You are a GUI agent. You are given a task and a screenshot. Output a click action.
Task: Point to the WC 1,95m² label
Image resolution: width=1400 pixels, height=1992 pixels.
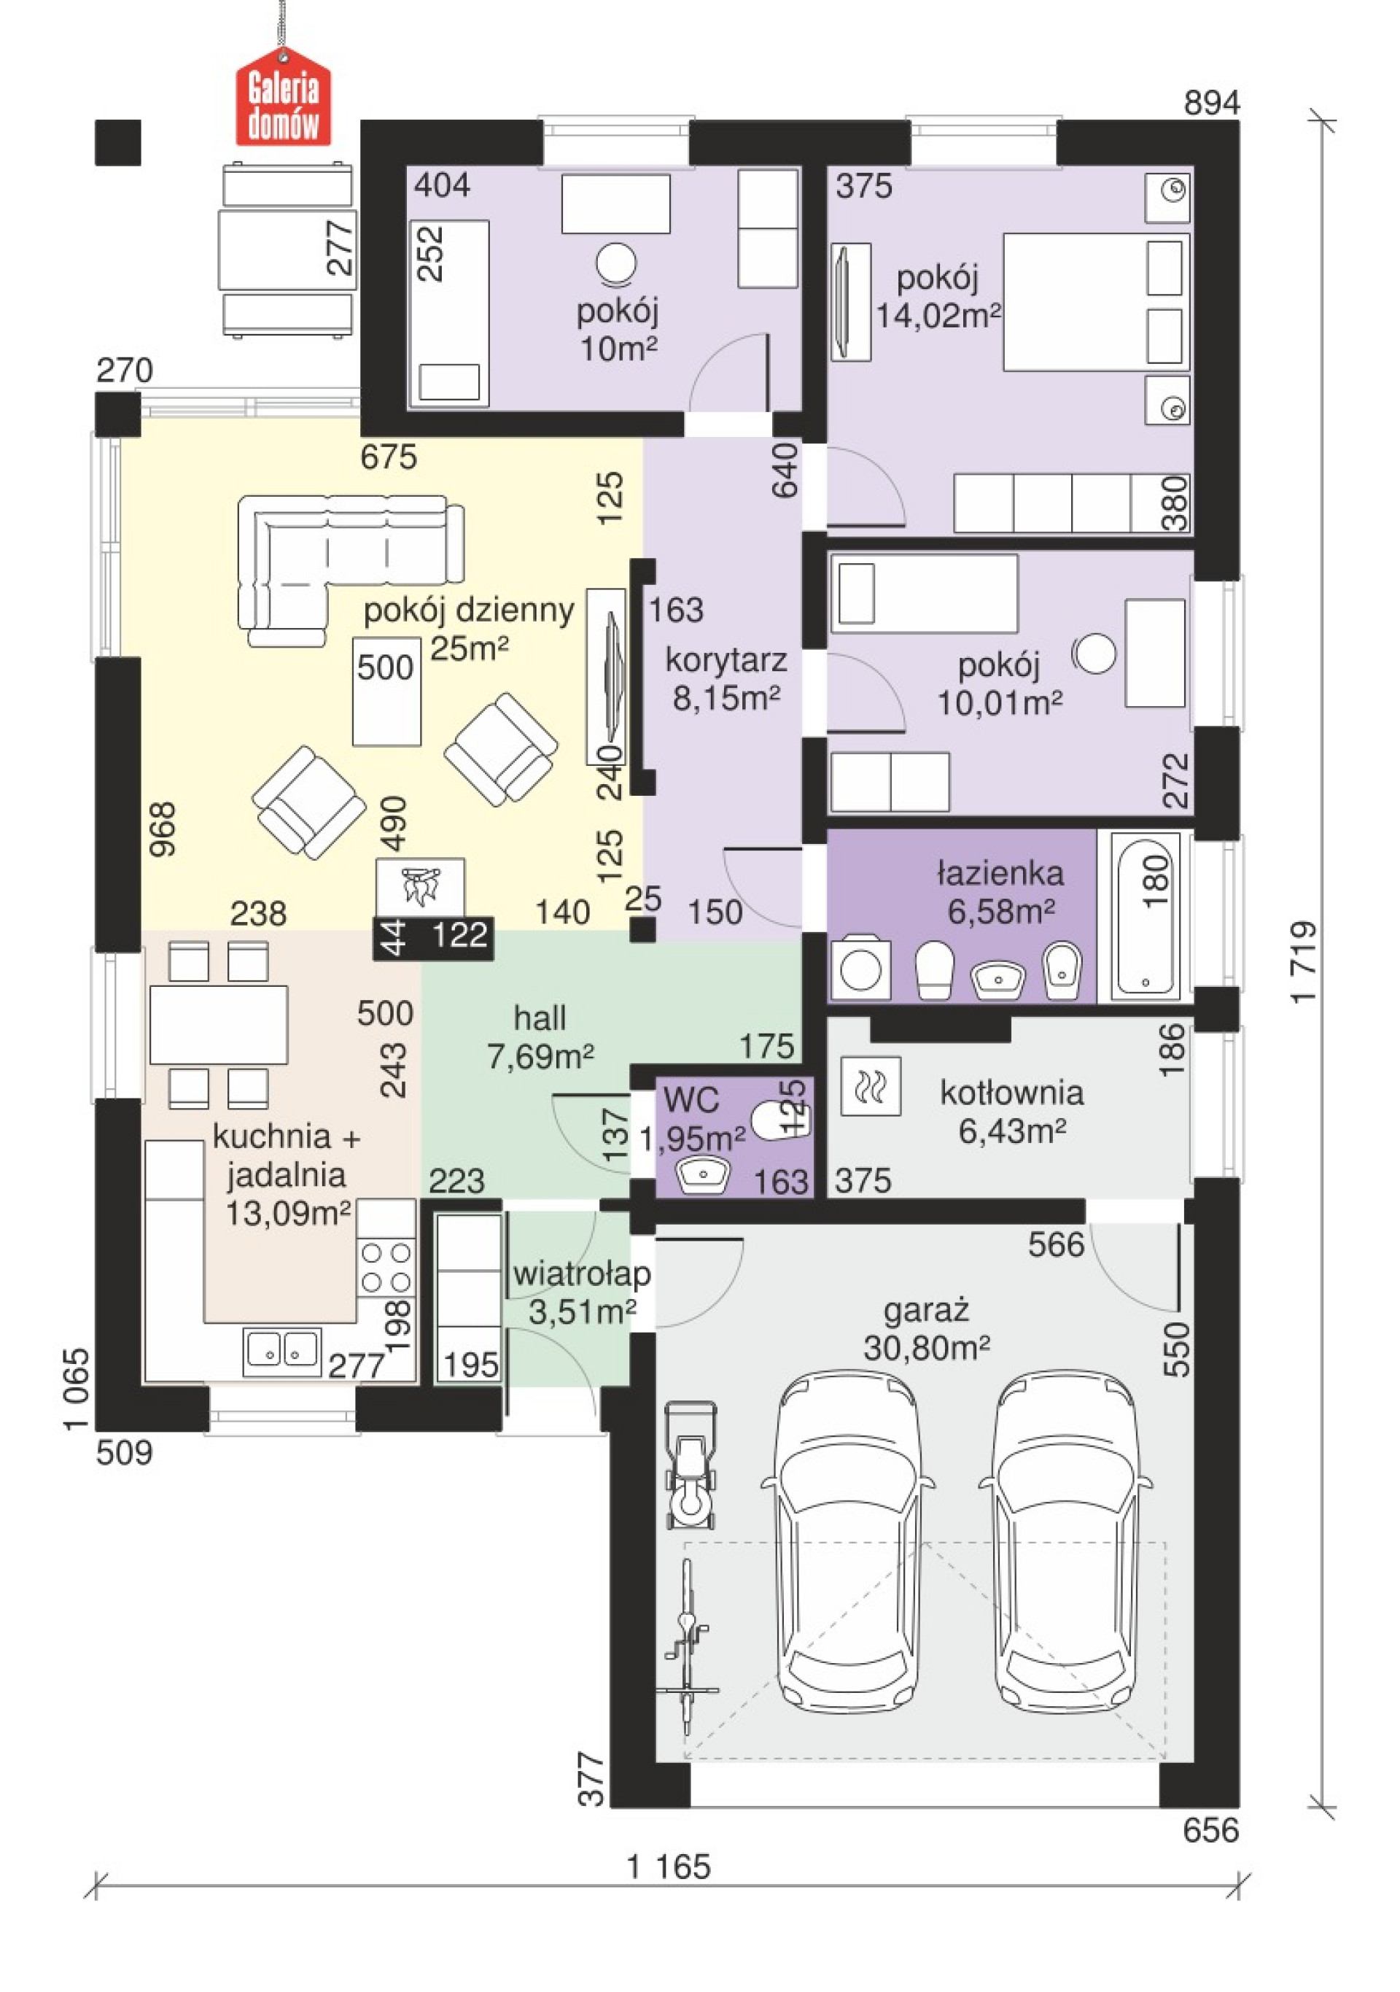[692, 1118]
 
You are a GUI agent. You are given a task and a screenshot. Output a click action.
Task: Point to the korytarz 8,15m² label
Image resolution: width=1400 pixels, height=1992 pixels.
[726, 678]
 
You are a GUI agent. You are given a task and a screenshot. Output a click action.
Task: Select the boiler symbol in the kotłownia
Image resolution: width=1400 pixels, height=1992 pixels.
[871, 1085]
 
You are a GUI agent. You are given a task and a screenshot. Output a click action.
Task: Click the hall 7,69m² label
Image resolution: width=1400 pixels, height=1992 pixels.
[540, 1036]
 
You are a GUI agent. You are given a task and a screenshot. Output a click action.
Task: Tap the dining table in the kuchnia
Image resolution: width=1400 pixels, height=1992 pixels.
[219, 1025]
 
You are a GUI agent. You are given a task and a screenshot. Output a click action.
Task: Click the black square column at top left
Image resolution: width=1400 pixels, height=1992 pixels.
[118, 142]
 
